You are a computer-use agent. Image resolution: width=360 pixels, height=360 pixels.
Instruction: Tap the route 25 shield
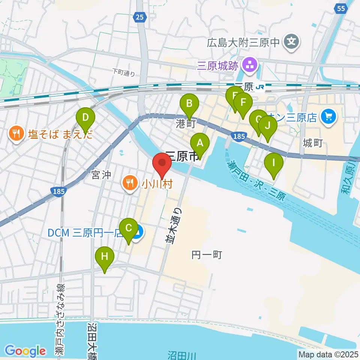(139, 16)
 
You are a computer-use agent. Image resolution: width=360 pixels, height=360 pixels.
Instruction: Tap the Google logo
(25, 351)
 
